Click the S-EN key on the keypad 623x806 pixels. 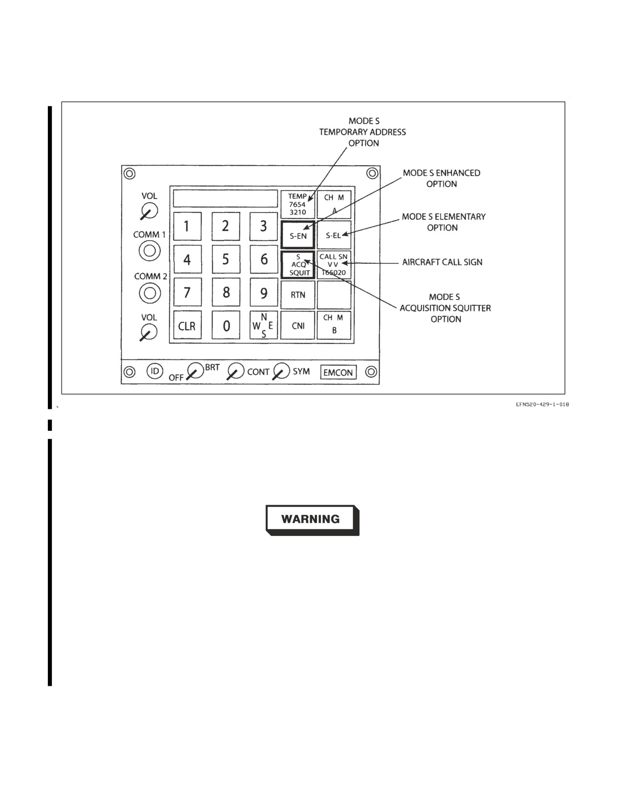click(298, 235)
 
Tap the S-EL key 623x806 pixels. click(334, 235)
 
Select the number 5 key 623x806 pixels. click(226, 259)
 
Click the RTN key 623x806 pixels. click(298, 295)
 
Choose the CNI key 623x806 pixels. click(298, 325)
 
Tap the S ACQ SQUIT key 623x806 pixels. click(298, 265)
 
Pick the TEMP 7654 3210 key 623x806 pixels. click(298, 204)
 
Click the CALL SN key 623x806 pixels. click(334, 265)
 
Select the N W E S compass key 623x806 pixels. click(263, 325)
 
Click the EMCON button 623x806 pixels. click(338, 372)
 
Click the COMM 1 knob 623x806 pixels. click(150, 251)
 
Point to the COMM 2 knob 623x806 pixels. click(150, 293)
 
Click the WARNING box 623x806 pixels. click(312, 520)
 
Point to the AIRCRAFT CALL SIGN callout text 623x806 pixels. click(442, 262)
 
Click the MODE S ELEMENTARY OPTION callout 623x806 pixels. click(443, 222)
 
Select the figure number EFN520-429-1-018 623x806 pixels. click(542, 404)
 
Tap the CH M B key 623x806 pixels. click(334, 325)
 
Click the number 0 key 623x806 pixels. click(226, 325)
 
